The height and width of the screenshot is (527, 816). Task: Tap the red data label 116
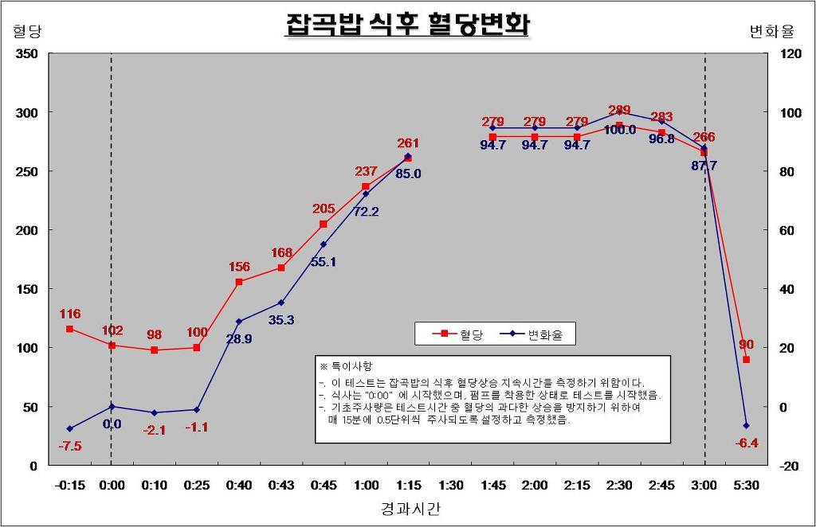70,314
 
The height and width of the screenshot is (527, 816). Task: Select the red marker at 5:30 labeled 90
747,360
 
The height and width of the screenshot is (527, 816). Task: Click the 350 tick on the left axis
27,54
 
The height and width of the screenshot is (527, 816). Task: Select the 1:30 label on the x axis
450,484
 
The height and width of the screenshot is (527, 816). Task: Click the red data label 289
619,111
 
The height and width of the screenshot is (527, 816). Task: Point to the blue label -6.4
747,443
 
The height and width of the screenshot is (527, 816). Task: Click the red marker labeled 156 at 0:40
239,282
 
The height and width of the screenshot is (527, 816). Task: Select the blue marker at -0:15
70,429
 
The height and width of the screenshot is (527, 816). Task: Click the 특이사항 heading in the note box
348,366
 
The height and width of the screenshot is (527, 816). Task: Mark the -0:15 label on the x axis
70,484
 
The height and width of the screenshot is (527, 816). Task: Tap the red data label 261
408,143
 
